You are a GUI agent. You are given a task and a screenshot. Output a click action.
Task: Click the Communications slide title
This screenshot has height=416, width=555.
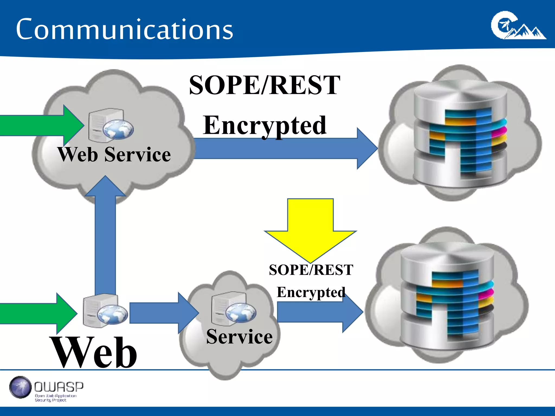click(124, 29)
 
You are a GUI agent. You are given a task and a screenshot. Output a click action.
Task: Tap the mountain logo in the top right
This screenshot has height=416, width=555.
click(518, 26)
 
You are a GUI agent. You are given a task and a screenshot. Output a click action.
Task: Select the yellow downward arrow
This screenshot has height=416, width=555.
click(311, 227)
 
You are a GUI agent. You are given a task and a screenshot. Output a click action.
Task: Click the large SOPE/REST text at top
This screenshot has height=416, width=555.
click(264, 85)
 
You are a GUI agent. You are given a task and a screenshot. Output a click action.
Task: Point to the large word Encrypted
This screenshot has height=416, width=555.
click(265, 125)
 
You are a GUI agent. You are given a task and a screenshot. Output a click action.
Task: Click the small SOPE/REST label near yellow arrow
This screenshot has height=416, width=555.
click(311, 270)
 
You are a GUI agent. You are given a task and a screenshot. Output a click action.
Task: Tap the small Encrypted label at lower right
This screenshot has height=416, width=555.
click(311, 292)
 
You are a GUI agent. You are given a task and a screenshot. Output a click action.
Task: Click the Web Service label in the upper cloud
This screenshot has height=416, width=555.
click(114, 155)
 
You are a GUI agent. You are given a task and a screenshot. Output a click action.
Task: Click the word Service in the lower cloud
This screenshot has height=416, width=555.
click(239, 337)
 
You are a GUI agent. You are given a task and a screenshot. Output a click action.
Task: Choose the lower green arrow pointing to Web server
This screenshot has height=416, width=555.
click(38, 313)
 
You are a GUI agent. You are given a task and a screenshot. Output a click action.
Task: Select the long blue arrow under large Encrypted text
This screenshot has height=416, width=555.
click(285, 148)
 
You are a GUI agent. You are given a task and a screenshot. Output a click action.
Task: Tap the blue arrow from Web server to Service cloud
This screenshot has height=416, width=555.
click(163, 313)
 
